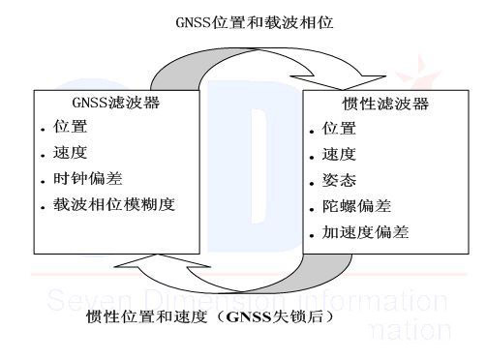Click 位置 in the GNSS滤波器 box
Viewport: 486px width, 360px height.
coord(72,128)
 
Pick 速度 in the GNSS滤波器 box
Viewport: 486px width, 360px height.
coord(72,154)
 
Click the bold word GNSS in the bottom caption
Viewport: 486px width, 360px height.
coord(248,315)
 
